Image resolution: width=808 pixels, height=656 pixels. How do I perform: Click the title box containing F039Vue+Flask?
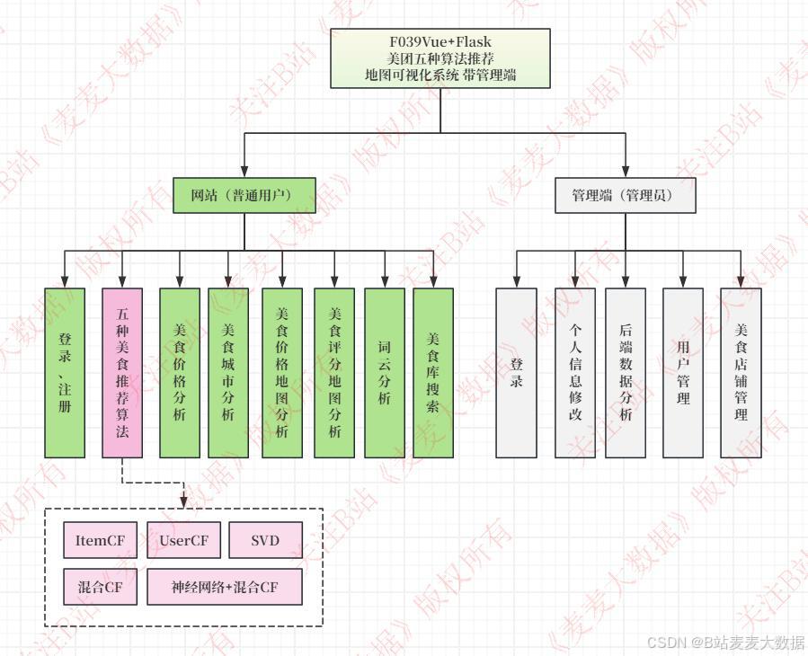pos(440,58)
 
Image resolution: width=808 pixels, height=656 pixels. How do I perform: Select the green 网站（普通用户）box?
pos(244,195)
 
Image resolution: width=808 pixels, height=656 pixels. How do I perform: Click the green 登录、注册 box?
pos(65,373)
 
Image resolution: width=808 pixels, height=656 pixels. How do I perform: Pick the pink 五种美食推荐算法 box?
pos(122,373)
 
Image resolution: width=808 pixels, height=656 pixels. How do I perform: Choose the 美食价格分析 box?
pos(180,373)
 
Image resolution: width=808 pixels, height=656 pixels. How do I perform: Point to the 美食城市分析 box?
pos(228,373)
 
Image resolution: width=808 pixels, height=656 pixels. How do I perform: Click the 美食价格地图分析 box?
pos(282,373)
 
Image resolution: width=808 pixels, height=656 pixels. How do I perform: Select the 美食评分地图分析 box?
pos(334,373)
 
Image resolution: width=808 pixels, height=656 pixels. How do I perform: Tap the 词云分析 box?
pos(385,373)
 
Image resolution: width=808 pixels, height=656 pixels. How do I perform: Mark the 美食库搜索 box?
pos(433,373)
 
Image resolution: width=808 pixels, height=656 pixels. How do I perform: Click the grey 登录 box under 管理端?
pos(517,373)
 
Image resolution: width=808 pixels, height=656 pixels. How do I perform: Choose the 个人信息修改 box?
pos(575,373)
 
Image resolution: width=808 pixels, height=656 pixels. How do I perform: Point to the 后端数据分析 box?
pos(626,373)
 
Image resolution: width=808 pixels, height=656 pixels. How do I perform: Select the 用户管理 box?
pos(683,373)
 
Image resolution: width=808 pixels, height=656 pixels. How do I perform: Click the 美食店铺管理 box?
pos(741,373)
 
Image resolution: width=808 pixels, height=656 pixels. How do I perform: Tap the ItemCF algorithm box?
pos(100,540)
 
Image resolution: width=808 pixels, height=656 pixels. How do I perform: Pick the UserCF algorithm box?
pos(183,540)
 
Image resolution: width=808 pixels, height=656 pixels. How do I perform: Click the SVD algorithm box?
pos(265,540)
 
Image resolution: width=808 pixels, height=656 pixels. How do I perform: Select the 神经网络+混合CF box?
pos(225,588)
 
